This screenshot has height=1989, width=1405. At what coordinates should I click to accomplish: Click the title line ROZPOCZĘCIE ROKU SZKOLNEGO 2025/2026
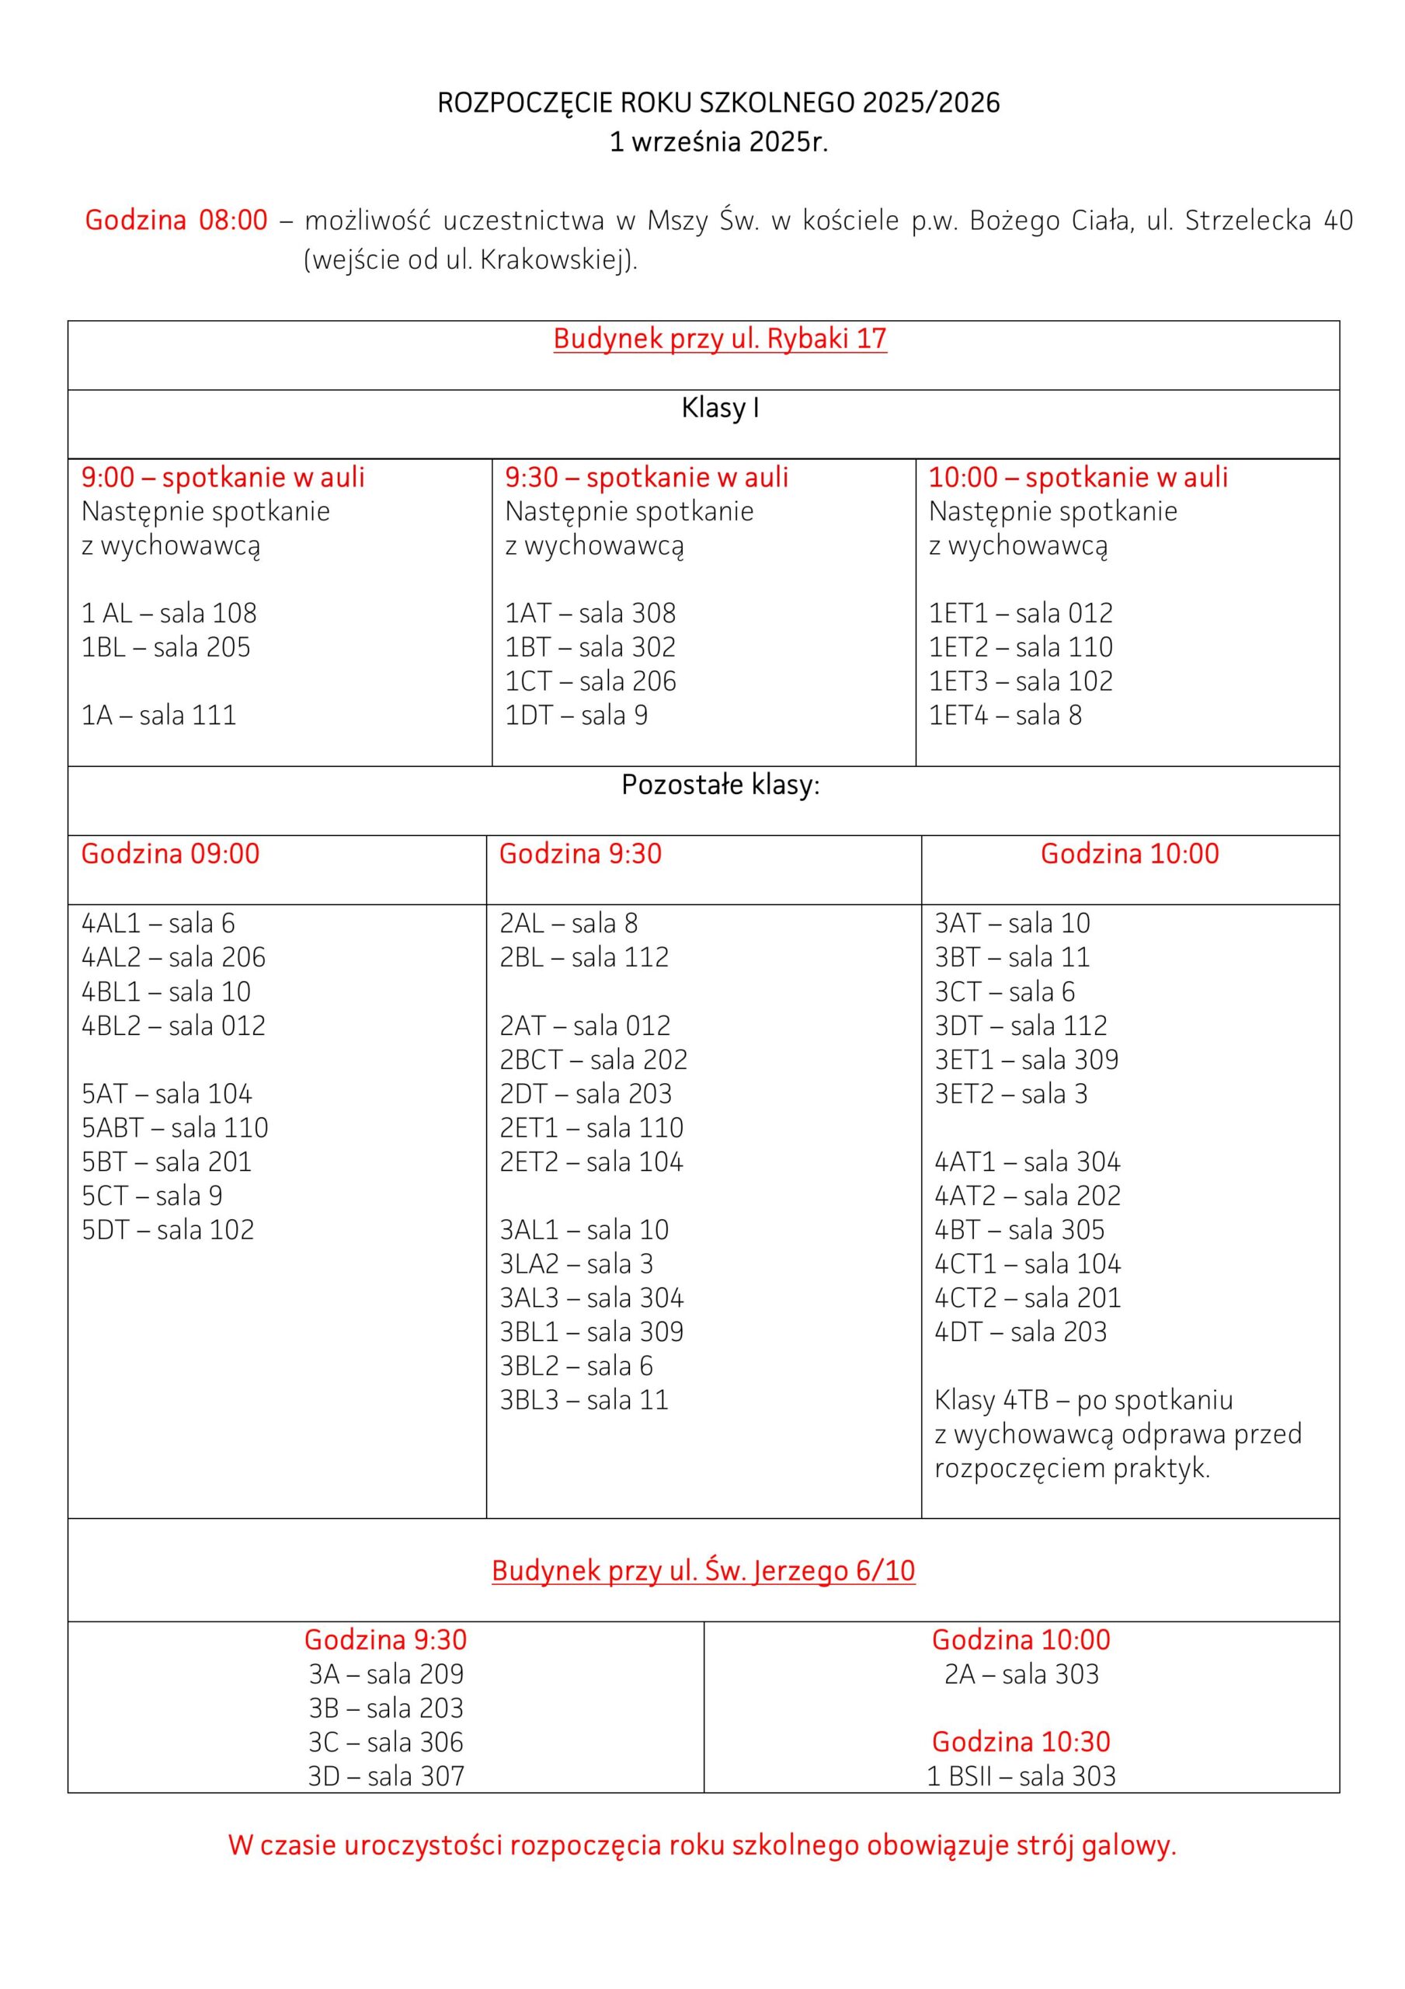point(718,103)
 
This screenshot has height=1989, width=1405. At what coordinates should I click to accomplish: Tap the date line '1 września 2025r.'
point(718,142)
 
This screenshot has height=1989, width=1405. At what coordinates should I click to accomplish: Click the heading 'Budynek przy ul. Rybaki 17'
point(720,339)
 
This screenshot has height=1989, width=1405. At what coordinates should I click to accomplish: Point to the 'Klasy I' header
point(720,408)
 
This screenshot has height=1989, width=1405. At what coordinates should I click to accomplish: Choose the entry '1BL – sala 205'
point(165,647)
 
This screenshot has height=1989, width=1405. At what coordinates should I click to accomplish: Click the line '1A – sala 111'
point(158,716)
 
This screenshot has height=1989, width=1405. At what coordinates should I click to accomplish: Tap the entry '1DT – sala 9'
point(576,716)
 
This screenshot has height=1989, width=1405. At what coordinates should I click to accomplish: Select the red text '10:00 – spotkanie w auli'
point(1079,477)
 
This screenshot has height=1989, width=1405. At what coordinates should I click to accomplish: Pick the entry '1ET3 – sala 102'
point(1021,681)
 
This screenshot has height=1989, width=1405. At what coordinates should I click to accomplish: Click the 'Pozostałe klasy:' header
point(720,785)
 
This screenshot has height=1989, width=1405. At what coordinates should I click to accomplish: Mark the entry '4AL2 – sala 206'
point(173,957)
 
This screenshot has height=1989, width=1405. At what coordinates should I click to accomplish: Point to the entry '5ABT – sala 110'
point(175,1128)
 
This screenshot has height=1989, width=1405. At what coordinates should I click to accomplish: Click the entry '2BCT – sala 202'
point(593,1060)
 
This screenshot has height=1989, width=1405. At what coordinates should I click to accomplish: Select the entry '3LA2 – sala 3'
point(576,1264)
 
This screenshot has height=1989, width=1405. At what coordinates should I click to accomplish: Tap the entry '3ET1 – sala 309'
point(1027,1060)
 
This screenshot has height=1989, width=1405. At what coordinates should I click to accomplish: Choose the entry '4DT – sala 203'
point(1021,1332)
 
